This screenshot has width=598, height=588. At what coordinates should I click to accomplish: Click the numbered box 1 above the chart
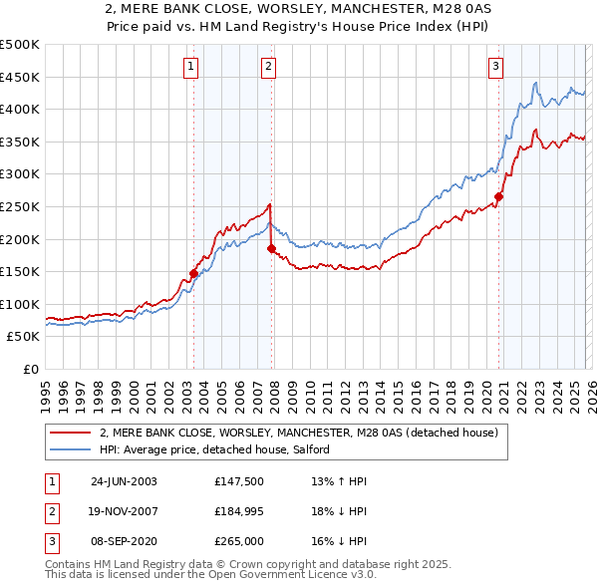click(x=190, y=67)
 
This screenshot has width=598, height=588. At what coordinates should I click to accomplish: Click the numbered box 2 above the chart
click(x=269, y=67)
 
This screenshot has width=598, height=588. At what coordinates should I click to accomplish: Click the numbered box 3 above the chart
click(x=495, y=67)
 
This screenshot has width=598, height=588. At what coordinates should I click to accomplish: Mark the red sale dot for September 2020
click(x=498, y=197)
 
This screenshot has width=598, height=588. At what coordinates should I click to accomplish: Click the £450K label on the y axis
click(x=20, y=77)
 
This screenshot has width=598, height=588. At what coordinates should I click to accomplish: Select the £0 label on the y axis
click(x=29, y=369)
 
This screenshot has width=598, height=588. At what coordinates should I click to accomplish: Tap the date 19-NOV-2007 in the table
click(x=124, y=510)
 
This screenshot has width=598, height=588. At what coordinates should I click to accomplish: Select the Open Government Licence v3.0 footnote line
click(x=210, y=576)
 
